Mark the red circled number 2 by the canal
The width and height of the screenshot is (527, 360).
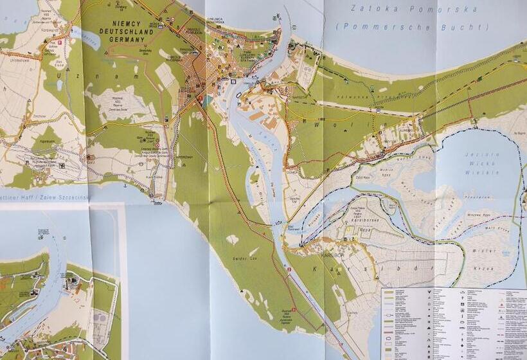click(289, 269)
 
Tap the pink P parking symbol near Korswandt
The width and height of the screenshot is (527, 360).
click(60, 42)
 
